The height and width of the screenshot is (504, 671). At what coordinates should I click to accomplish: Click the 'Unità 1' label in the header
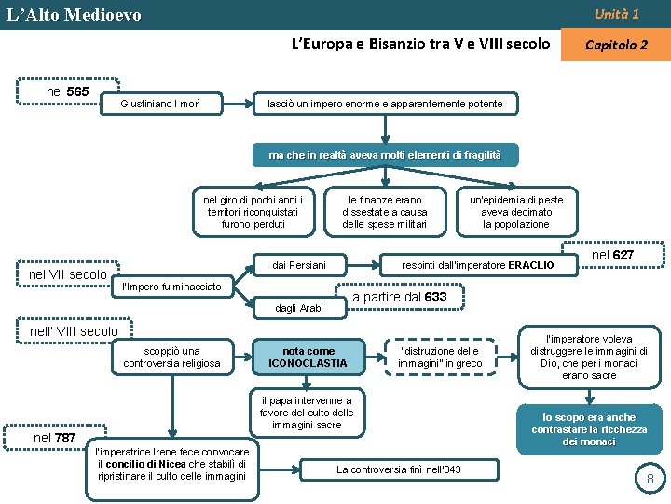pos(616,14)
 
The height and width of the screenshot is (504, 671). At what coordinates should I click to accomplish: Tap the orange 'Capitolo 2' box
pos(615,45)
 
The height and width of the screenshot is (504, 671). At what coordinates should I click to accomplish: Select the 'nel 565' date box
pos(69,91)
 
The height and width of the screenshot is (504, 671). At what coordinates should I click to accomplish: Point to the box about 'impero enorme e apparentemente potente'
pos(385,103)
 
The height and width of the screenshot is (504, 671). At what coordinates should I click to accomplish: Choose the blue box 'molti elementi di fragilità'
pos(385,154)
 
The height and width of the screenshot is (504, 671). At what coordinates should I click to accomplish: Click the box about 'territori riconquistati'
pos(253,212)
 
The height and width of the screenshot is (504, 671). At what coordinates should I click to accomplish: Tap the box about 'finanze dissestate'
pos(384,212)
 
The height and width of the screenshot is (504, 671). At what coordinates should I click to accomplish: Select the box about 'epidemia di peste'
pos(515,212)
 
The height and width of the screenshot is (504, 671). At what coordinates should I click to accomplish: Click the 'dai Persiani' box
pos(298,266)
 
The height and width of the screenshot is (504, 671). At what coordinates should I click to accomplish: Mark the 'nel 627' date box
pos(612,255)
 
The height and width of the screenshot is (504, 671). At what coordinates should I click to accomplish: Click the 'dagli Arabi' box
pos(299,307)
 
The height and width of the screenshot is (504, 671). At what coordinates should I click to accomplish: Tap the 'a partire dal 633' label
pos(399,297)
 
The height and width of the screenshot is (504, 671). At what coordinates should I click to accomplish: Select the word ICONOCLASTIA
pos(308,363)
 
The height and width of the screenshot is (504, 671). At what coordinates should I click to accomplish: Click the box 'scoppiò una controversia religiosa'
pos(172,357)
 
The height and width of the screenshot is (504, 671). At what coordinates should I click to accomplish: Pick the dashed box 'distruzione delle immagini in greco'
pos(440,357)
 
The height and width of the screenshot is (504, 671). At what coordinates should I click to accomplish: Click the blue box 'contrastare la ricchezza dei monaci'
pos(589,429)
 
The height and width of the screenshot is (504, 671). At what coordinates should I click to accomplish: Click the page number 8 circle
pos(650,479)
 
